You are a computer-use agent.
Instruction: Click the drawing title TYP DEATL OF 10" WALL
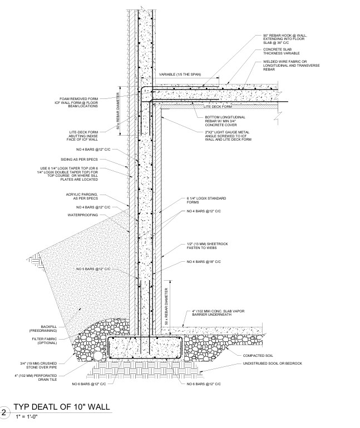(x=62, y=407)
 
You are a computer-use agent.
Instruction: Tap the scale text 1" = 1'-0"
(x=27, y=416)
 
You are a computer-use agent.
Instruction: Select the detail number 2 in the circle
(x=4, y=412)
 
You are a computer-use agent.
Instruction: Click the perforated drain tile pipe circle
(x=98, y=356)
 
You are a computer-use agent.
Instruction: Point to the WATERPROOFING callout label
(x=83, y=215)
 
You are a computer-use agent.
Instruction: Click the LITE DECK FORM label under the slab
(x=218, y=107)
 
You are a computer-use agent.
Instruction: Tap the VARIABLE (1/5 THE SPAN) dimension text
(x=180, y=74)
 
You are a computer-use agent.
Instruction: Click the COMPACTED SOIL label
(x=258, y=356)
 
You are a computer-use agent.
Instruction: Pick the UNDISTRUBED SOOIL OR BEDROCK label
(x=273, y=364)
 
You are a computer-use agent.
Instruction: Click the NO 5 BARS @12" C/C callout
(x=93, y=269)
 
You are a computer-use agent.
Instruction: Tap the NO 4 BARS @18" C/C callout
(x=204, y=262)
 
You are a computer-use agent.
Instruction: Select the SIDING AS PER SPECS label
(x=79, y=160)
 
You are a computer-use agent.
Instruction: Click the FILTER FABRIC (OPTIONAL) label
(x=45, y=341)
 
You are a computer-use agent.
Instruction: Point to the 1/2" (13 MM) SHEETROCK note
(x=208, y=246)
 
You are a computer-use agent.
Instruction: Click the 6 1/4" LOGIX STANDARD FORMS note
(x=206, y=200)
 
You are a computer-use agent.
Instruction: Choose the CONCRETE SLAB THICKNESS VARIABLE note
(x=282, y=51)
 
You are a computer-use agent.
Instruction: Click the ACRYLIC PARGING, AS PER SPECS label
(x=82, y=196)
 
